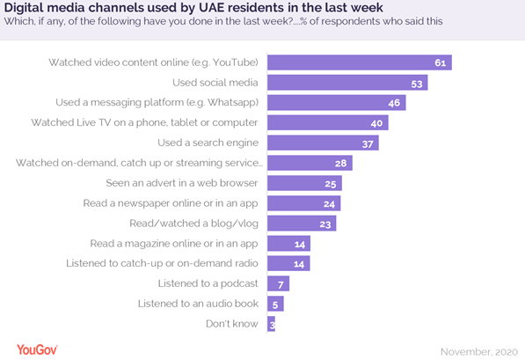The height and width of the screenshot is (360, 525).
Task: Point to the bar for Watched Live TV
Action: [x=327, y=122]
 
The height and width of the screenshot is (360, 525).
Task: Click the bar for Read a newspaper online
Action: [x=303, y=203]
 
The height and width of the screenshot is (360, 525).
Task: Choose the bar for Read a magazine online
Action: [x=288, y=244]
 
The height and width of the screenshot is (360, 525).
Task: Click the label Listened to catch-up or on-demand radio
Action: [x=163, y=263]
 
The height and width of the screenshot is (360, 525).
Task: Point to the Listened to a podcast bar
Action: [x=278, y=283]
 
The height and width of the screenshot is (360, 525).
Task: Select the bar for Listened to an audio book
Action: [x=275, y=304]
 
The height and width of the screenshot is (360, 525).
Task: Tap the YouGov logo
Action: [x=37, y=349]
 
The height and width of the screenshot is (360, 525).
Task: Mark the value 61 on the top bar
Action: [x=440, y=62]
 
